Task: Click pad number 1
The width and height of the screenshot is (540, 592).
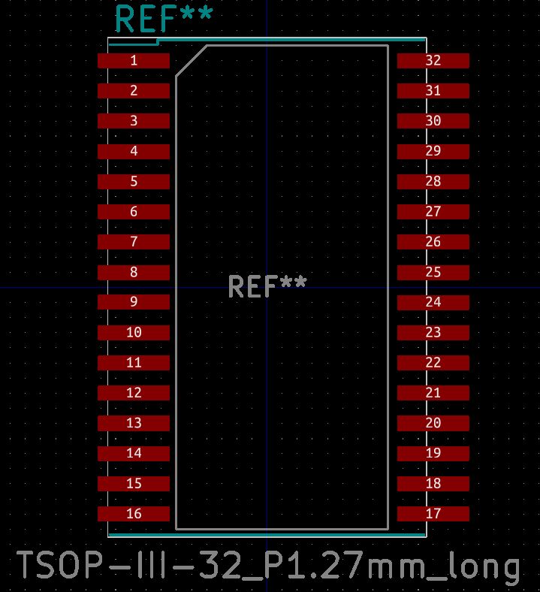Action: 134,60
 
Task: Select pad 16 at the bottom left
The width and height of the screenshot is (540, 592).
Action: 134,513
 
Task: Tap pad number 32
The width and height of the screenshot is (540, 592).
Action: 433,60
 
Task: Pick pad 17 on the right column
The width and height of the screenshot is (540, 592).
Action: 433,513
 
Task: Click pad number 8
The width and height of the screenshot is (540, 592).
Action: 134,272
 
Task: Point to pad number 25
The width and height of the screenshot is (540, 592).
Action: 433,272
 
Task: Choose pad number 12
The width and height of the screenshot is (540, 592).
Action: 134,393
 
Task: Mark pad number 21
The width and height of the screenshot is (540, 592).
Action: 433,393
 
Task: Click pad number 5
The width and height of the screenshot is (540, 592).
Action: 134,181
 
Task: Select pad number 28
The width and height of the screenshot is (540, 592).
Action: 433,181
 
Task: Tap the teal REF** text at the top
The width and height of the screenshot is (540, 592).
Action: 164,19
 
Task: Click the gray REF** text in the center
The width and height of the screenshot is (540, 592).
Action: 267,287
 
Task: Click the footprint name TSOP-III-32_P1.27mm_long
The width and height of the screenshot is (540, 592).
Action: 268,566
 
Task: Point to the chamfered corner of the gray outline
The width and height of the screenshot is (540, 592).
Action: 192,61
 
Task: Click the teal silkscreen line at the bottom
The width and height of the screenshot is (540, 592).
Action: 267,535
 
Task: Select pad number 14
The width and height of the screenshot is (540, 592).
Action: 134,453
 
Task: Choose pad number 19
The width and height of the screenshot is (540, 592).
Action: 433,453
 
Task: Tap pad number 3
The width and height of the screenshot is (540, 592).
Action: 134,121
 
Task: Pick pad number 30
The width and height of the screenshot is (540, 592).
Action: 433,121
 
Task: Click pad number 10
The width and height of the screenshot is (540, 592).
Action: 134,332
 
